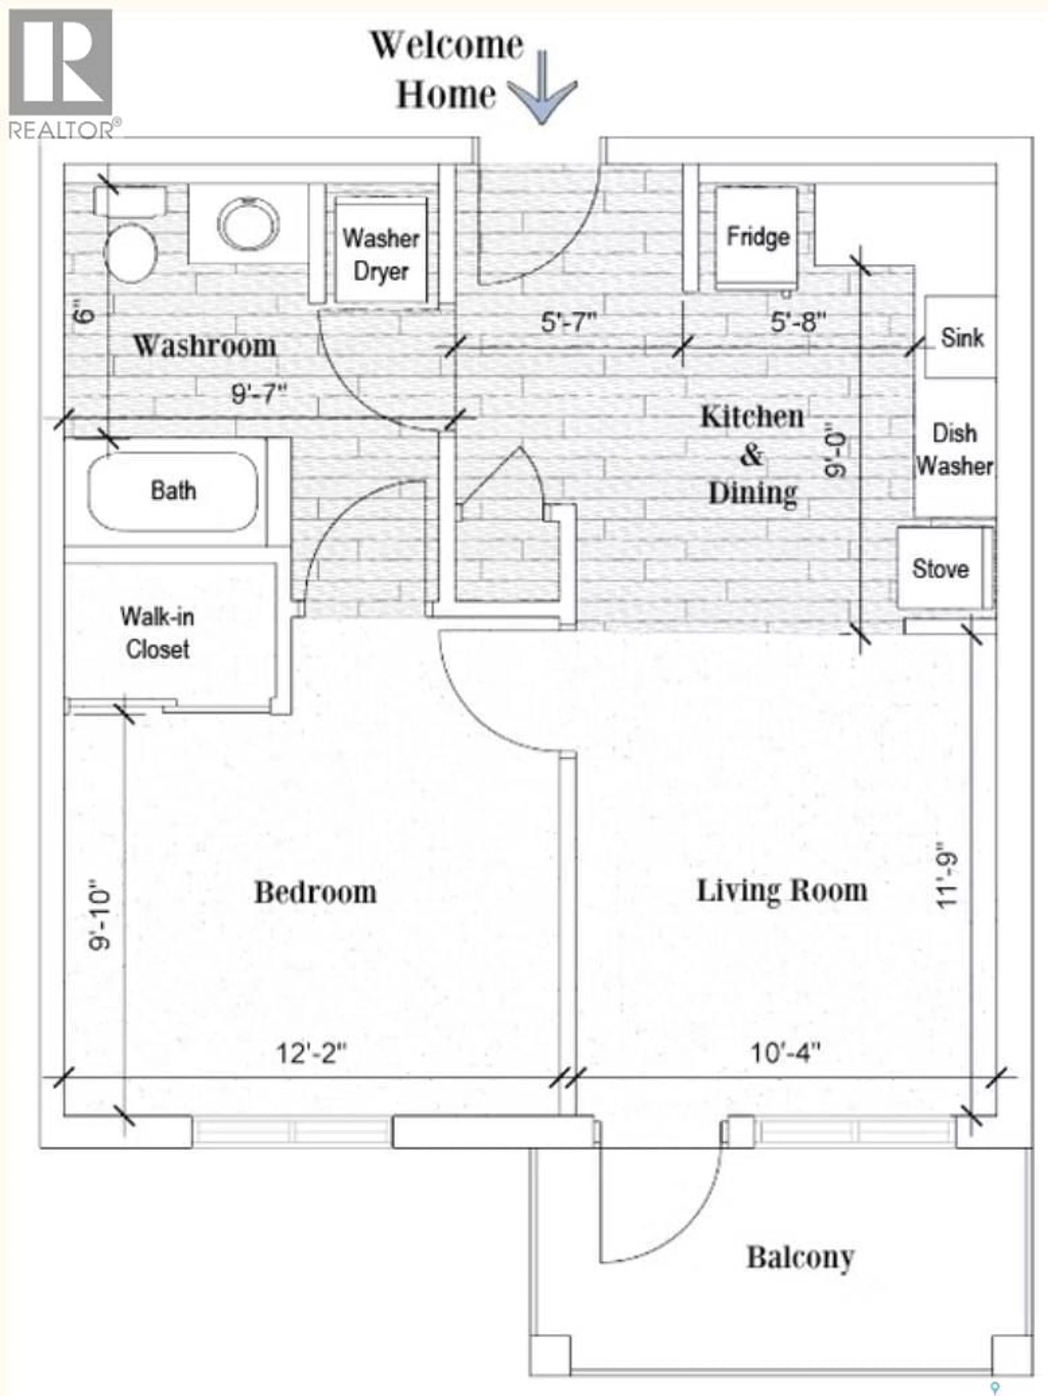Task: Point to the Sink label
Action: click(x=961, y=338)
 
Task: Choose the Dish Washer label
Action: click(x=954, y=450)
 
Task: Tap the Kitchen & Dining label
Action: click(x=752, y=454)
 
